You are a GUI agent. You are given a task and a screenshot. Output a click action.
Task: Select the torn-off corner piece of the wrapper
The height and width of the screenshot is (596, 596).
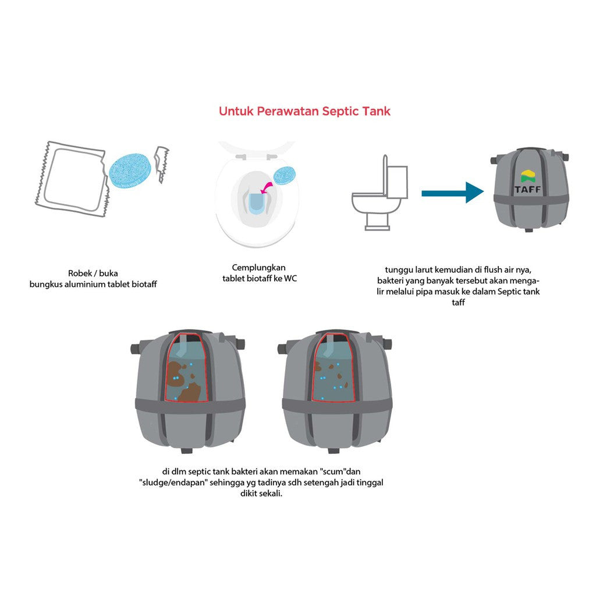(x=162, y=164)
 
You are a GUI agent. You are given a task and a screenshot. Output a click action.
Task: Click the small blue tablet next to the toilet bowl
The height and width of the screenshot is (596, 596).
(x=285, y=176)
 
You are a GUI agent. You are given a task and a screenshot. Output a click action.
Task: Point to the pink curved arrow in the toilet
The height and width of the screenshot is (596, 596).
(x=267, y=187)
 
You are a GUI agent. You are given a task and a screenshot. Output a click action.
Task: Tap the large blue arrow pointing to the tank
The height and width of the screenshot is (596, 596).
(x=452, y=193)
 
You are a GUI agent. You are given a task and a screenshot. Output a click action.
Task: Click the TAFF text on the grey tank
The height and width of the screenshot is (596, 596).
(x=527, y=189)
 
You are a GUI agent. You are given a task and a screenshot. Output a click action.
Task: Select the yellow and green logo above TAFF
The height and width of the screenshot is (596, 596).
(x=527, y=176)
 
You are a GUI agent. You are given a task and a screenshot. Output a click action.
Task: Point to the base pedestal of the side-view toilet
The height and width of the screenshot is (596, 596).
(x=377, y=222)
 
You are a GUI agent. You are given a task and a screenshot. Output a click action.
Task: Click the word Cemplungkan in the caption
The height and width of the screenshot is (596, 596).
(x=258, y=268)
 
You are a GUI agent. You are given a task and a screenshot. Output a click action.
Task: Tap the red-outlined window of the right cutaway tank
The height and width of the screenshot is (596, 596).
(x=333, y=367)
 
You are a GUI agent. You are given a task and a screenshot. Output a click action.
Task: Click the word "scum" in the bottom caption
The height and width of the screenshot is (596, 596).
(x=334, y=471)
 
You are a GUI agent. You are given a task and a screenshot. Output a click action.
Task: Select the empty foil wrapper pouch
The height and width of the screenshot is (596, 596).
(x=70, y=179)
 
